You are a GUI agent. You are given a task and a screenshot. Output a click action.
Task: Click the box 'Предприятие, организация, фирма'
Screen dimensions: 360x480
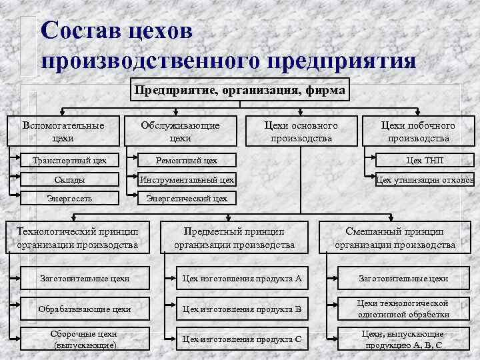[239, 89]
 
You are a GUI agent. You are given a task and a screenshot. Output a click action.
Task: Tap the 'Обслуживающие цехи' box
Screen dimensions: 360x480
[180, 131]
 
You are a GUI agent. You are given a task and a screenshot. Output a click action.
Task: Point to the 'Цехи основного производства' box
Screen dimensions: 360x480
[301, 131]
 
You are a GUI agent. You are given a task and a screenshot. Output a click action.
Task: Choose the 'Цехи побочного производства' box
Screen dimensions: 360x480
[418, 131]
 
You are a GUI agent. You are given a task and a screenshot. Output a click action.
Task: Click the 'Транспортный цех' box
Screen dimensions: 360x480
[69, 161]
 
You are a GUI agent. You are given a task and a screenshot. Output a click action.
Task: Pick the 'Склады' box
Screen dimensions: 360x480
[69, 179]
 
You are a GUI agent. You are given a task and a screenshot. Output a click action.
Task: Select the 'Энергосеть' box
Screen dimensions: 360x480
[69, 198]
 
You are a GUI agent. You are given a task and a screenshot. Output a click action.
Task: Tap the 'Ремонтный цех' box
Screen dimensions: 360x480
[186, 161]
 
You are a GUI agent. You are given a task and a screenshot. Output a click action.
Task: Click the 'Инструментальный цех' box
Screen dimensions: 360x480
[186, 179]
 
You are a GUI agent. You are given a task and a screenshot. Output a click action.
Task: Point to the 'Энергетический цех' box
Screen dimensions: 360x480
[186, 198]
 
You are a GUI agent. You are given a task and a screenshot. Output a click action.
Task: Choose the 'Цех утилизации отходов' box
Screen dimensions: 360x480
[425, 179]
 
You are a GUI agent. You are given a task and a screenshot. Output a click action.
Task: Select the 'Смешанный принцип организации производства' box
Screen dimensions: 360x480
[395, 238]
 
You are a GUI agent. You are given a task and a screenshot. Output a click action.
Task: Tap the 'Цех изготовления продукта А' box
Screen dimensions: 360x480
[242, 278]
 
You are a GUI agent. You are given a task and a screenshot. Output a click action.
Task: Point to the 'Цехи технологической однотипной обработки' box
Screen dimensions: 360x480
[403, 309]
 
